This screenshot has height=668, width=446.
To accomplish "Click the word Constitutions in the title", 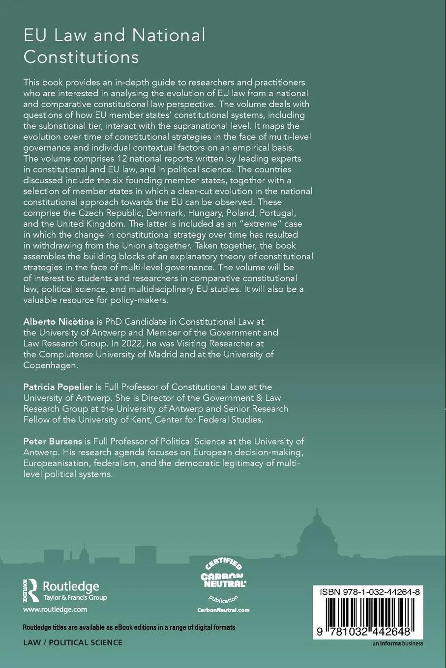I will point(81,57).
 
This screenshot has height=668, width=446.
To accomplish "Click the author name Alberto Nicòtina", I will point(59,321).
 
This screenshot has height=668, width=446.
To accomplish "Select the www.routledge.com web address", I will point(55,609).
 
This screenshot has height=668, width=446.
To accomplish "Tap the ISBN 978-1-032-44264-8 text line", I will point(369,592).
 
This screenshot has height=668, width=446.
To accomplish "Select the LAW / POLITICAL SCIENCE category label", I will point(73,642).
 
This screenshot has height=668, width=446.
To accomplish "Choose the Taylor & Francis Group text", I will point(75,598).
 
